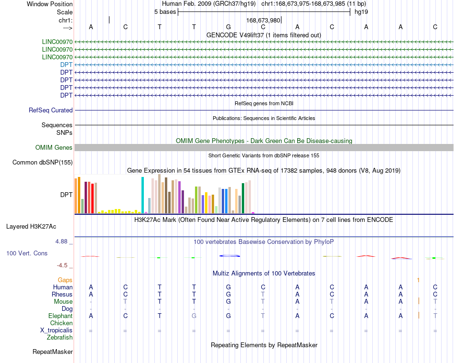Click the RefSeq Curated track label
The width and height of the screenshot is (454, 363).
click(51, 110)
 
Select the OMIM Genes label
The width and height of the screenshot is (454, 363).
click(54, 147)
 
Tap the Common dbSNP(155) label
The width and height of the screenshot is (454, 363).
click(43, 163)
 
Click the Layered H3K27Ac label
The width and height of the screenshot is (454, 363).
click(31, 227)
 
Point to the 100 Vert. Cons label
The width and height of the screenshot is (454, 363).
click(27, 253)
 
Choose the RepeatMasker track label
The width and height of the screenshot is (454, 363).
click(53, 352)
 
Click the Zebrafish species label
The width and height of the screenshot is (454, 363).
click(60, 338)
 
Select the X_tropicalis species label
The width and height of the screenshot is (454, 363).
click(56, 330)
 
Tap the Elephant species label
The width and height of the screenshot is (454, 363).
click(61, 316)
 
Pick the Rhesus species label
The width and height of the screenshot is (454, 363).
click(62, 294)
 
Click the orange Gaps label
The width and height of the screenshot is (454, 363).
click(65, 280)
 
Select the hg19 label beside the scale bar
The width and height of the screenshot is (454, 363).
click(361, 12)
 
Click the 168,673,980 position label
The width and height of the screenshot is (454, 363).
click(263, 20)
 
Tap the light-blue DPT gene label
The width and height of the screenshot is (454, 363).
click(66, 65)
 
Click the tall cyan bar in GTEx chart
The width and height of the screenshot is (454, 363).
click(142, 195)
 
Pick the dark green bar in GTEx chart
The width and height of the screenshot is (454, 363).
click(243, 198)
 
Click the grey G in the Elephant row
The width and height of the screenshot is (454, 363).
click(194, 316)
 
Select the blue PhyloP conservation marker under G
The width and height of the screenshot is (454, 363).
click(229, 256)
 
